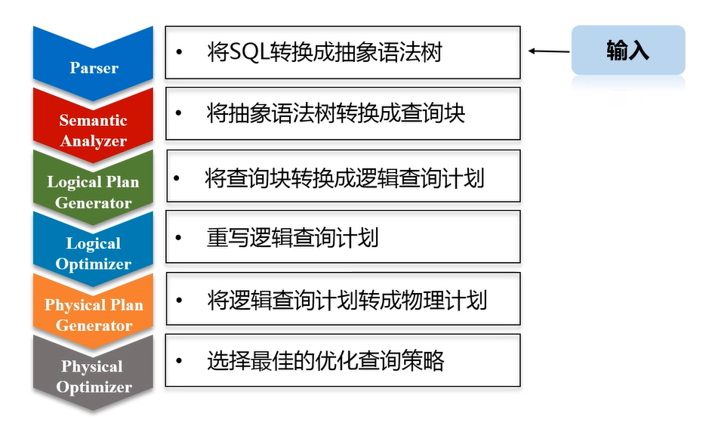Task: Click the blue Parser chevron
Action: pos(94,63)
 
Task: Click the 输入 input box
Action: pos(627,51)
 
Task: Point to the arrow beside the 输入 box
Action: pos(549,51)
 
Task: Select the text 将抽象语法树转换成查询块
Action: pos(335,113)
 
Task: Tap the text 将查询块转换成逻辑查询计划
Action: pos(344,178)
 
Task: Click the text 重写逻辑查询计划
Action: pos(292,238)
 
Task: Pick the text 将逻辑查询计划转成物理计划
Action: pos(347,300)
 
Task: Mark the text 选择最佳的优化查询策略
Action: pos(325,360)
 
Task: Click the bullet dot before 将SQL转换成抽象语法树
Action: pos(179,53)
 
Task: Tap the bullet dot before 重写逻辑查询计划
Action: pos(179,238)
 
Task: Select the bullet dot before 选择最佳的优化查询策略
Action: pos(179,360)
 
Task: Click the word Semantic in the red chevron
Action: pos(94,120)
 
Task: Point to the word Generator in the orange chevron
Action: pos(94,326)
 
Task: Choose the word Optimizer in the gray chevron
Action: pos(94,387)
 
